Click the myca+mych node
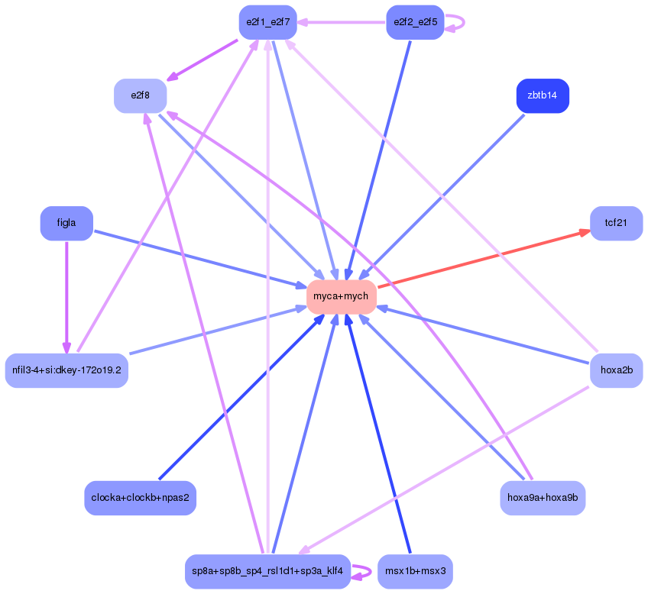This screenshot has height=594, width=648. pyautogui.click(x=341, y=296)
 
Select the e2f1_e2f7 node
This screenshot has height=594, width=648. pyautogui.click(x=267, y=22)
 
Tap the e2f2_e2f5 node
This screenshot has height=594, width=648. pyautogui.click(x=415, y=22)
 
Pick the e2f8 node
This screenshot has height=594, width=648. pyautogui.click(x=140, y=95)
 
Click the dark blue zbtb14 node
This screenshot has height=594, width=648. pyautogui.click(x=543, y=95)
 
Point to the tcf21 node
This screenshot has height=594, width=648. pyautogui.click(x=616, y=223)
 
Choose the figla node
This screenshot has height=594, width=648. pyautogui.click(x=66, y=223)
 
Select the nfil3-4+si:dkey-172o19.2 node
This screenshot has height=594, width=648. pyautogui.click(x=66, y=370)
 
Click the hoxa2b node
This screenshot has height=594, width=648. pyautogui.click(x=616, y=370)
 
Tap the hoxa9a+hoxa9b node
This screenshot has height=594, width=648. pyautogui.click(x=543, y=498)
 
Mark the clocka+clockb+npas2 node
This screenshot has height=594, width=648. pyautogui.click(x=140, y=498)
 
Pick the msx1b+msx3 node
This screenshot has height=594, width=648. pyautogui.click(x=415, y=571)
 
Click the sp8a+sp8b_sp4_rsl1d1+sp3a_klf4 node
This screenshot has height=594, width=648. pyautogui.click(x=267, y=571)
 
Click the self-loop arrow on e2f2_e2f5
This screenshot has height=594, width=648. pyautogui.click(x=462, y=22)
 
